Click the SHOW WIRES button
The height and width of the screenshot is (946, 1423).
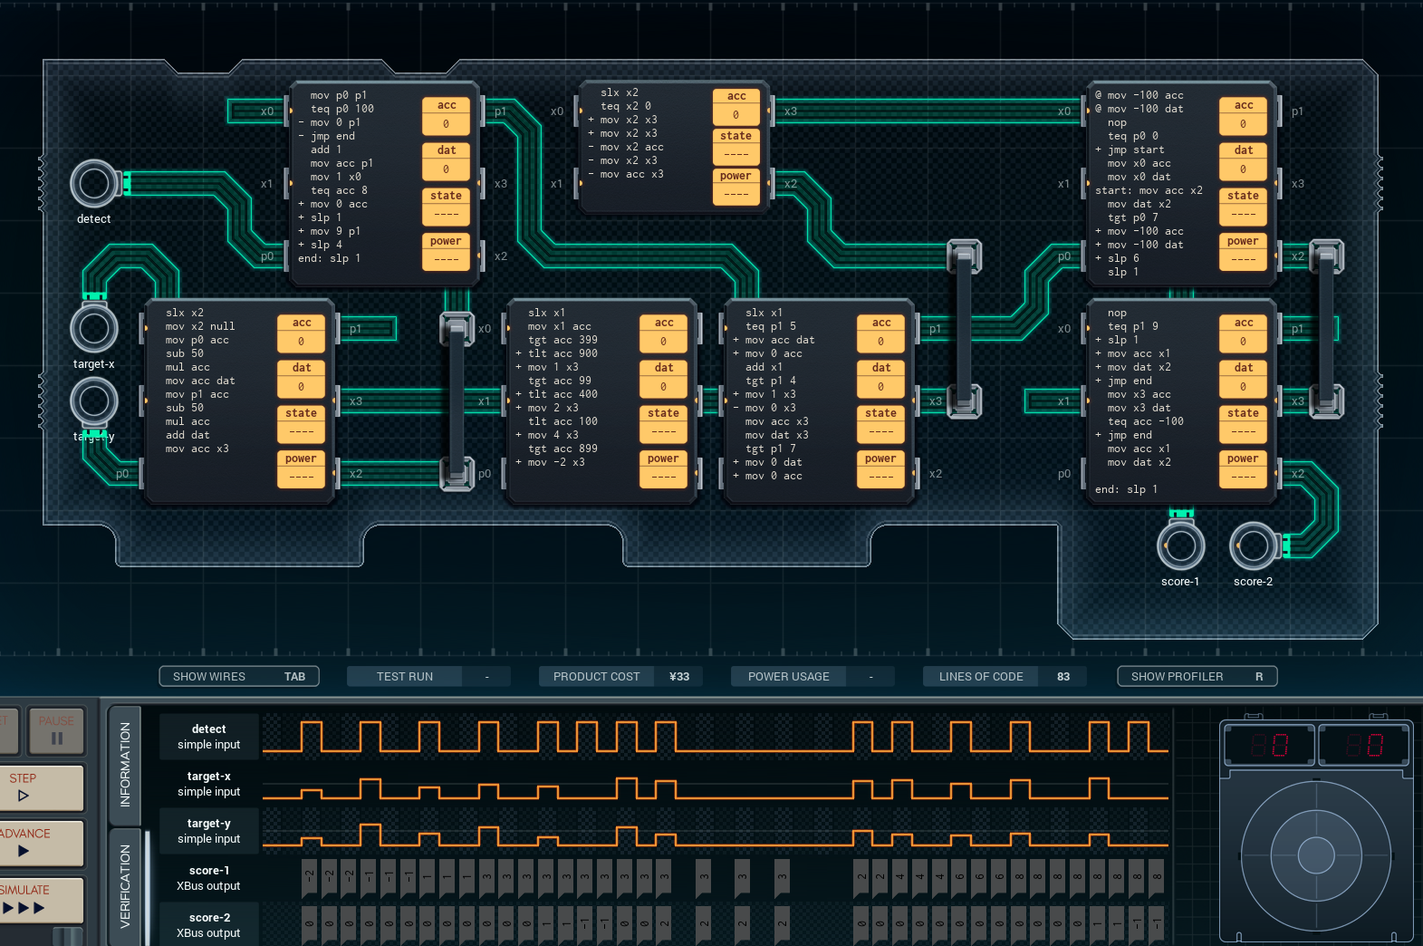pyautogui.click(x=239, y=676)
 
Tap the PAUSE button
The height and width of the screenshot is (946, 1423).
pyautogui.click(x=55, y=730)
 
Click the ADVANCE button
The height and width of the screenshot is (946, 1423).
pyautogui.click(x=41, y=843)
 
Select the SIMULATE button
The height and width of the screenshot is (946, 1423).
pyautogui.click(x=41, y=899)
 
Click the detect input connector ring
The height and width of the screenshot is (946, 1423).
pyautogui.click(x=93, y=184)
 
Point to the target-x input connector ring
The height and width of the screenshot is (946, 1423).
pyautogui.click(x=93, y=328)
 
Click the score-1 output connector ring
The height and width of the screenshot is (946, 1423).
pyautogui.click(x=1180, y=545)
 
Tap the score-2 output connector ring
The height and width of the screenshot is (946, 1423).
pyautogui.click(x=1253, y=545)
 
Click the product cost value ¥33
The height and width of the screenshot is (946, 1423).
pyautogui.click(x=679, y=676)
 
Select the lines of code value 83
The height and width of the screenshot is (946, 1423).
pyautogui.click(x=1063, y=676)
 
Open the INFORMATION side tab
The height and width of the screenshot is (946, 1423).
pyautogui.click(x=125, y=764)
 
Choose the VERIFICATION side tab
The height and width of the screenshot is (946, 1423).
pyautogui.click(x=125, y=885)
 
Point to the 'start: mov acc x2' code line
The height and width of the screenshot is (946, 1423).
pyautogui.click(x=1149, y=190)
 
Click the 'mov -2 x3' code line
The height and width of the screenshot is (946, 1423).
pyautogui.click(x=556, y=462)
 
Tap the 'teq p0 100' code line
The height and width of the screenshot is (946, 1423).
pyautogui.click(x=341, y=109)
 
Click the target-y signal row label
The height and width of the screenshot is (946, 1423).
pyautogui.click(x=209, y=831)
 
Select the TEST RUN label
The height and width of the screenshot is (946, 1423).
pyautogui.click(x=405, y=676)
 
